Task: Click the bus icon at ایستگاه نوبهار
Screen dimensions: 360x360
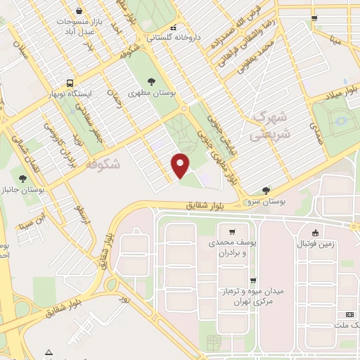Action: coord(71,83)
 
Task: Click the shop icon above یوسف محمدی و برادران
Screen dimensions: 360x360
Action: coord(232,231)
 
